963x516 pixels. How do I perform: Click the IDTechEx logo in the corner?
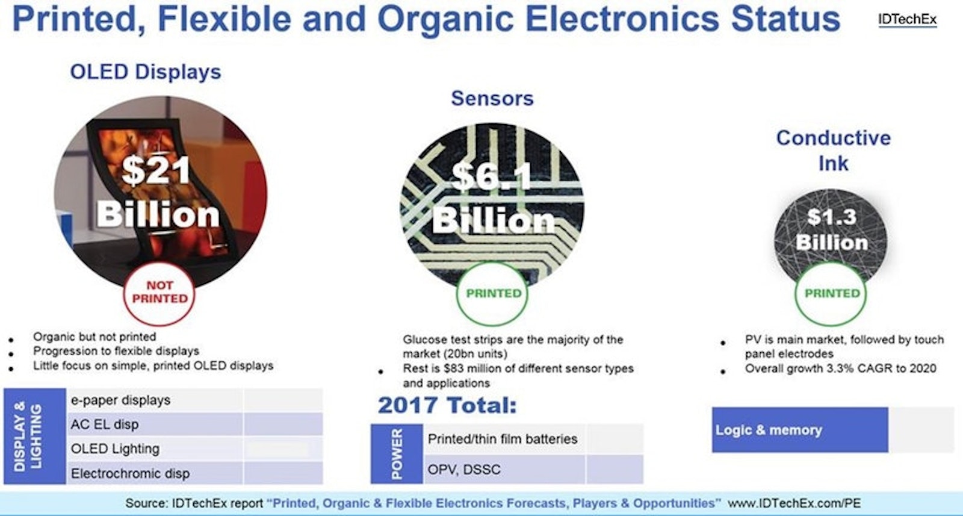pos(907,19)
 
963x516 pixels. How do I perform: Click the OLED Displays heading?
pos(146,72)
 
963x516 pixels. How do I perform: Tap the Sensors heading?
pos(492,99)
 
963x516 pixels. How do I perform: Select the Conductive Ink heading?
pos(833,151)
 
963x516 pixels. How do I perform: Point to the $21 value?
pos(156,171)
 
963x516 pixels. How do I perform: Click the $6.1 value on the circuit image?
pos(492,177)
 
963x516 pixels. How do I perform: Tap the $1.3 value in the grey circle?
pos(831,217)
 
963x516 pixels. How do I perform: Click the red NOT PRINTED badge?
pos(159,292)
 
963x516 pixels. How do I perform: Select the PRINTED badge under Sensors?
pos(494,294)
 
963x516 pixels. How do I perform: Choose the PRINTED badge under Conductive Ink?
pos(832,294)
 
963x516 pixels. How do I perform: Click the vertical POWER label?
pos(397,453)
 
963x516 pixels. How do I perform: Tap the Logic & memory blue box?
pos(800,430)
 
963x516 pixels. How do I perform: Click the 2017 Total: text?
pos(447,405)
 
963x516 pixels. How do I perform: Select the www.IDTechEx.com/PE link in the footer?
pos(794,503)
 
